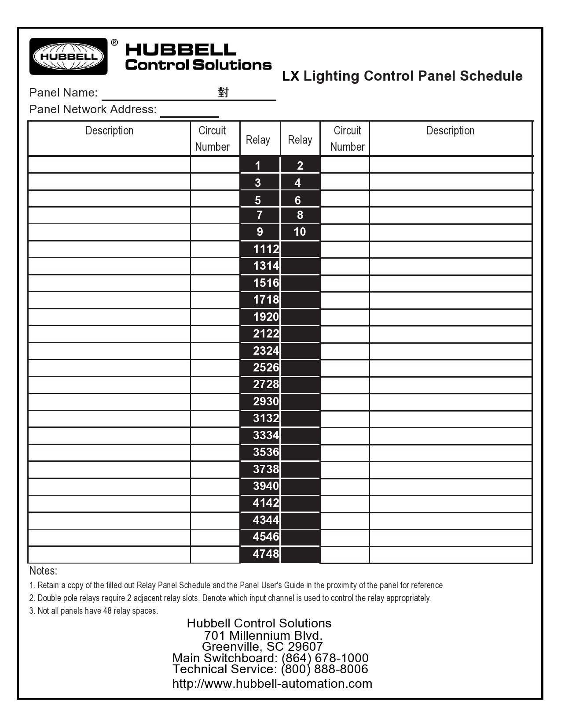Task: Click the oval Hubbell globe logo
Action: point(68,56)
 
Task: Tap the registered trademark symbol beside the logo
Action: point(114,43)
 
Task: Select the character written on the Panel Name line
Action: point(223,93)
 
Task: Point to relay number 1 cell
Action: point(258,166)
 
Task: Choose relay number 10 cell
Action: point(300,232)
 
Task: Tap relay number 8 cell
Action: point(300,215)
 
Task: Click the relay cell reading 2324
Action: point(266,351)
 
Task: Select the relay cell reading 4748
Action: point(266,554)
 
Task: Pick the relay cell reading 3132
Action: point(266,418)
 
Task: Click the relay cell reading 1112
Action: point(266,249)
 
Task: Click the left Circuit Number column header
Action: point(212,139)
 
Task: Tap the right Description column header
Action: point(450,131)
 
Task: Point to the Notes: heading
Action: point(43,571)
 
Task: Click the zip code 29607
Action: point(305,647)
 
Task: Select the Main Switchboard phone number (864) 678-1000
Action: point(325,658)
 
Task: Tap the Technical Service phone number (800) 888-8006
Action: point(324,669)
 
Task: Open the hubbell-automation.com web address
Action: point(272,684)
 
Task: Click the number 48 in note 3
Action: point(107,611)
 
